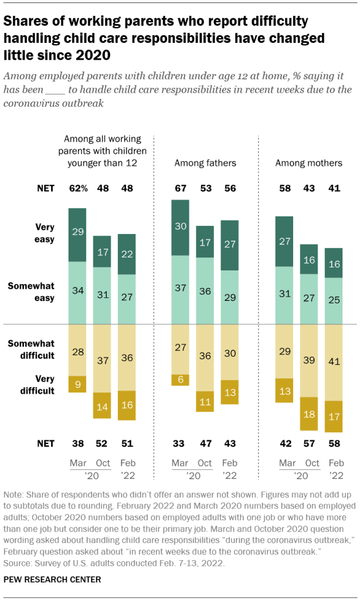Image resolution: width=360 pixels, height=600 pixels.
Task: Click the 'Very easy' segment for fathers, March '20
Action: pos(181,228)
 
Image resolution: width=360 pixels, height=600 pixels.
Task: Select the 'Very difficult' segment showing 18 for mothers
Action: pos(310,413)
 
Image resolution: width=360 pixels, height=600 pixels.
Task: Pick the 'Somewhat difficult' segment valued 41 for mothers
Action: pos(334,362)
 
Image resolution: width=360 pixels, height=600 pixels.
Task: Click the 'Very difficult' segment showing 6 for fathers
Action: pos(181,379)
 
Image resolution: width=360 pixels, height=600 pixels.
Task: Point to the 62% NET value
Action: pos(78,188)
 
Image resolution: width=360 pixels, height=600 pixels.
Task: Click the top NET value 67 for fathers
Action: pos(181,188)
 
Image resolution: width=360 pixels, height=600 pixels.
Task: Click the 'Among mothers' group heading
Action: pos(309,162)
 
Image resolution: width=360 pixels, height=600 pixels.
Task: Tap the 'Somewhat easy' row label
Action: pos(39,292)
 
